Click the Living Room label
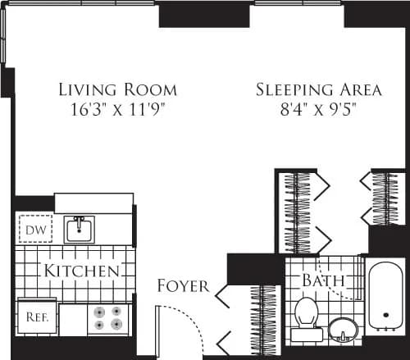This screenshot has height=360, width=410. [117, 89]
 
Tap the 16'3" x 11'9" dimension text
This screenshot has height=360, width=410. [117, 107]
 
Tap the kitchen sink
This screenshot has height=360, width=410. [80, 229]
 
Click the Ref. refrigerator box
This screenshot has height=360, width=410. [35, 316]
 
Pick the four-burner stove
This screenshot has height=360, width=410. [108, 317]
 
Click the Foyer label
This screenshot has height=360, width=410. [182, 286]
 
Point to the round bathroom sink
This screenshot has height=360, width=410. [344, 331]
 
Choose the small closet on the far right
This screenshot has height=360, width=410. [384, 198]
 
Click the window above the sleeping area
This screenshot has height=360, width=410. [298, 3]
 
